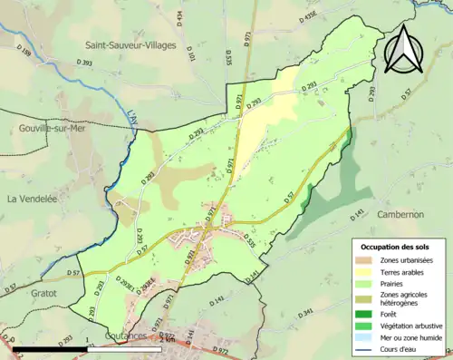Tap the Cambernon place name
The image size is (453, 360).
click(x=398, y=214)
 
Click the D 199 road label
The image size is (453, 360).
click(x=24, y=55)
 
